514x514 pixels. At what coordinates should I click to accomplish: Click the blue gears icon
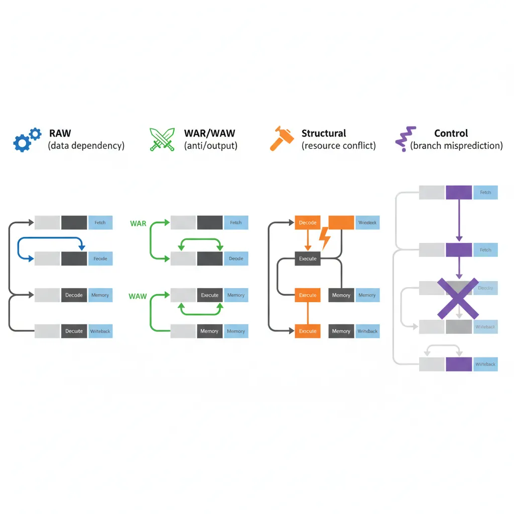click(x=27, y=140)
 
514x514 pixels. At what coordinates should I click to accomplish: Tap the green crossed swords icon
click(x=162, y=140)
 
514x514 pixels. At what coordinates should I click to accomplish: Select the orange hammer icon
click(x=281, y=139)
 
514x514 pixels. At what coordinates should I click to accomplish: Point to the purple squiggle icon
click(x=405, y=139)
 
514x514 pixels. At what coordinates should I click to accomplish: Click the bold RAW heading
click(x=60, y=134)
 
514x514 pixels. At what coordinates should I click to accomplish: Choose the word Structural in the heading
click(x=324, y=134)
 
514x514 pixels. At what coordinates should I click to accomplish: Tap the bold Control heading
click(x=451, y=134)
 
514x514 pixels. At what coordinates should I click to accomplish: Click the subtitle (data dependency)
click(x=86, y=146)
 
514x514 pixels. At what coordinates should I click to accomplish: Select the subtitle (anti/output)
click(x=211, y=146)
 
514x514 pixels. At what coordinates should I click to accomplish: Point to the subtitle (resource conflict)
click(x=339, y=146)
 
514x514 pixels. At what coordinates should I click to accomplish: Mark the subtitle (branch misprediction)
click(x=456, y=146)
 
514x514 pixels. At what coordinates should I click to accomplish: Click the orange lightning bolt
click(x=325, y=238)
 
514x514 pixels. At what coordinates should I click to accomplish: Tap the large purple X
click(x=457, y=298)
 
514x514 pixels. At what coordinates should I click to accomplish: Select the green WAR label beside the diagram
click(x=138, y=223)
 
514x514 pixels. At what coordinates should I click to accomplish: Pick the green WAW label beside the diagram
click(x=138, y=296)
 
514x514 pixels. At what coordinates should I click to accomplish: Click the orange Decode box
click(x=307, y=222)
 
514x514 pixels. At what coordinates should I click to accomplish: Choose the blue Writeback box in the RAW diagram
click(x=100, y=331)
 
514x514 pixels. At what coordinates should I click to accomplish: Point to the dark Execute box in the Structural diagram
click(x=307, y=259)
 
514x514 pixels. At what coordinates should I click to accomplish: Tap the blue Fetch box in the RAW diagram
click(x=100, y=222)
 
